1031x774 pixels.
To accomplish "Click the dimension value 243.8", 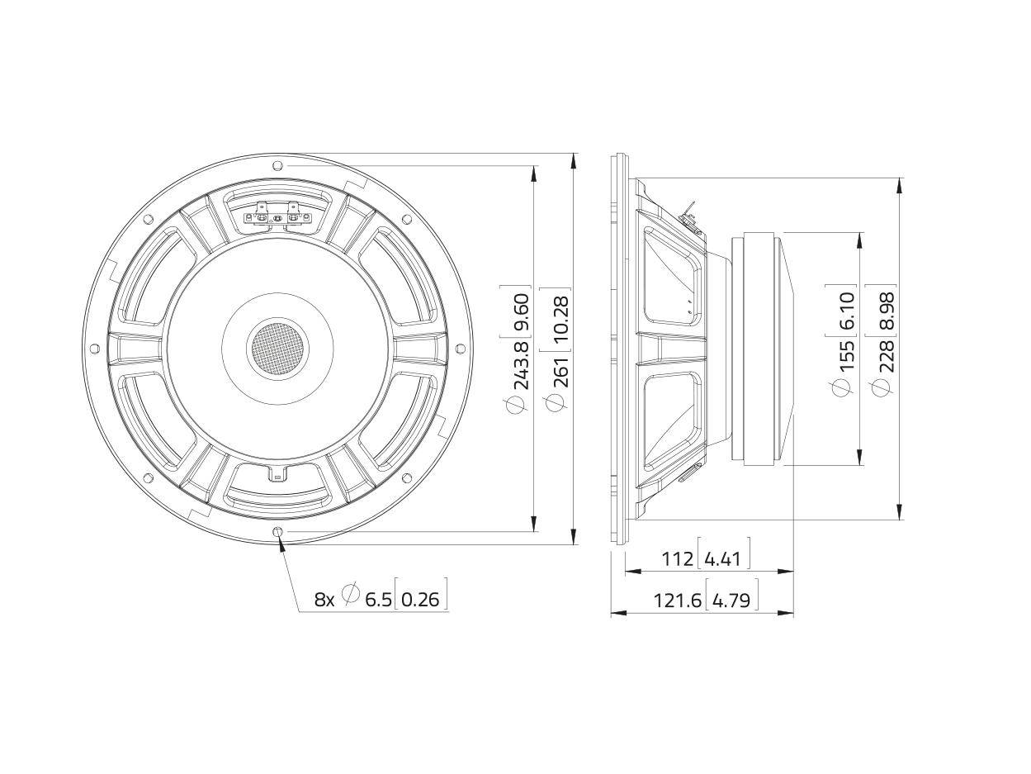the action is (x=522, y=365).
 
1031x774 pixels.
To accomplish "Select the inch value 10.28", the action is (x=562, y=318).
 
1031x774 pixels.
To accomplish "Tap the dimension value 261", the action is (x=562, y=372).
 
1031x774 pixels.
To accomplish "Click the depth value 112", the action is (x=678, y=559).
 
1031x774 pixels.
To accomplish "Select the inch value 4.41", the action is (x=723, y=559).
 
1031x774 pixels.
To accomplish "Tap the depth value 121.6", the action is (x=678, y=601).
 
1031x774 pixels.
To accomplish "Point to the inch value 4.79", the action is (x=731, y=601).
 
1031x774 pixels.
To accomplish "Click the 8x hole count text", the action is (x=324, y=601).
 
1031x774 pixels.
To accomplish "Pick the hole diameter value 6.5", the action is (x=379, y=601).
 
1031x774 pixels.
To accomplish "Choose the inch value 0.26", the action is (x=421, y=601).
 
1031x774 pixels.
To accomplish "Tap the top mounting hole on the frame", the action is (x=277, y=165).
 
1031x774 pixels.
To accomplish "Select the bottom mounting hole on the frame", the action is (x=277, y=531).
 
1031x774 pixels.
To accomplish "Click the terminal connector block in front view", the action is (x=277, y=216).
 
